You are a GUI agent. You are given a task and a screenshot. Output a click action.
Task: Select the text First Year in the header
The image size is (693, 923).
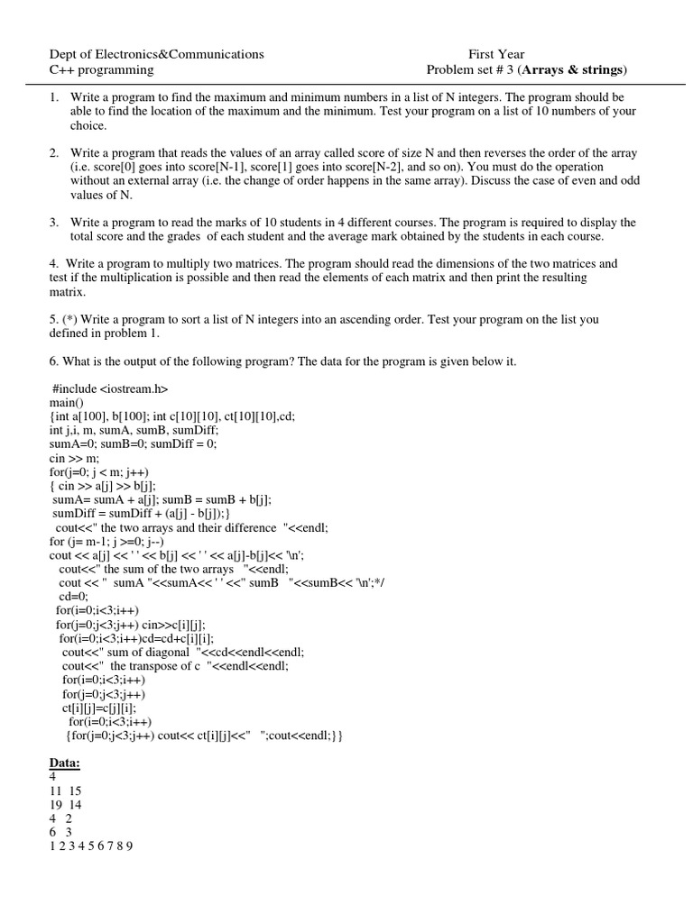coord(495,54)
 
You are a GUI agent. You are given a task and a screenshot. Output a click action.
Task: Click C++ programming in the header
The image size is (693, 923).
coord(101,70)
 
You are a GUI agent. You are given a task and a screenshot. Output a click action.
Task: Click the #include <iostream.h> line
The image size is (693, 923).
coord(110,388)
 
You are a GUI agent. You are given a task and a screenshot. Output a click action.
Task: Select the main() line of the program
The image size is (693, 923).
coord(66,403)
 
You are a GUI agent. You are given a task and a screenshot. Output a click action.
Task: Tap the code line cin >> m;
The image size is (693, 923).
coord(73,458)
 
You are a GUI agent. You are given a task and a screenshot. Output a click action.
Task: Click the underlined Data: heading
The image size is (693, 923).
coord(64,763)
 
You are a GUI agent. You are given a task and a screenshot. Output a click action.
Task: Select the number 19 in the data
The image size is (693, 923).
coord(55,805)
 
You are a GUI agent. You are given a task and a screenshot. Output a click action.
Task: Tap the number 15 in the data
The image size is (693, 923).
coord(74,791)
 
